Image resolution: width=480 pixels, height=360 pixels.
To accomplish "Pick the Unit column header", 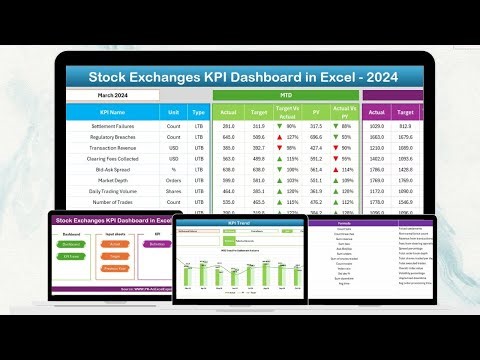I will pyautogui.click(x=173, y=113).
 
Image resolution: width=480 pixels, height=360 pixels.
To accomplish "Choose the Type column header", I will pyautogui.click(x=198, y=113).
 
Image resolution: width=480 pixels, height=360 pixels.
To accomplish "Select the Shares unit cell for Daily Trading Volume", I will pyautogui.click(x=173, y=191).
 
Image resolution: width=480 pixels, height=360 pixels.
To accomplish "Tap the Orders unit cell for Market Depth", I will pyautogui.click(x=173, y=181).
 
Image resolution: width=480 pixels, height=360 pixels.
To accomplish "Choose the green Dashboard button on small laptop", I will pyautogui.click(x=71, y=242).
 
